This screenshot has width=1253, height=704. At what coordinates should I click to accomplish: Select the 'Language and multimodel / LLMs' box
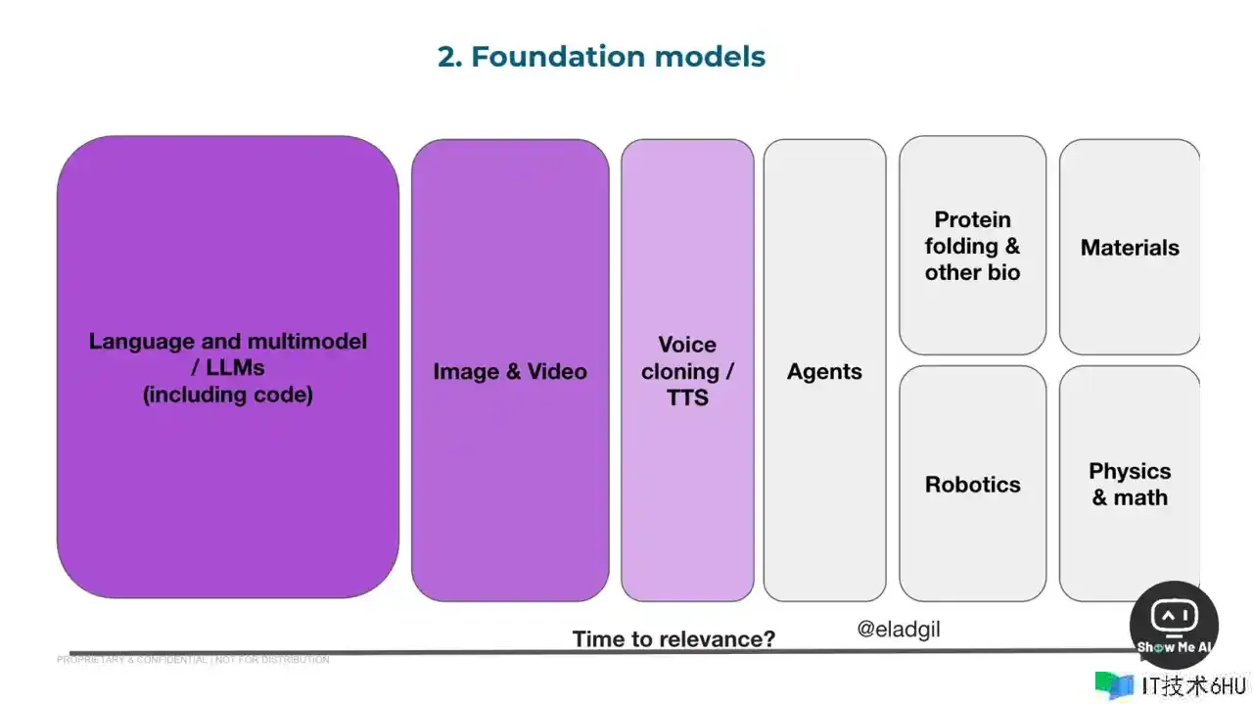(228, 367)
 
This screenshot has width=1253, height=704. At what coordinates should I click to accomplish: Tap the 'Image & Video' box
(510, 371)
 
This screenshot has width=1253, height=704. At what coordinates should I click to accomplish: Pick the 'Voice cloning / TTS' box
(687, 371)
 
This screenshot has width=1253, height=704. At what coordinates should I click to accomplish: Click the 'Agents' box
(824, 371)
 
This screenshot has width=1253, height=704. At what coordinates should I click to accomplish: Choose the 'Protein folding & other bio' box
(972, 246)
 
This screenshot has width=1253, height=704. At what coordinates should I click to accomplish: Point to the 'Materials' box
(1130, 248)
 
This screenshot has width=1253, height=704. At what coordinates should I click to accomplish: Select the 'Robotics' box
(972, 484)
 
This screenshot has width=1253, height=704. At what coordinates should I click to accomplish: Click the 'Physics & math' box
(1130, 484)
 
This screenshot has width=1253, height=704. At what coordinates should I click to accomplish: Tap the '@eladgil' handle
(898, 630)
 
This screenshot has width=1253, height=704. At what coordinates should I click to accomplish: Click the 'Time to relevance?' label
(673, 639)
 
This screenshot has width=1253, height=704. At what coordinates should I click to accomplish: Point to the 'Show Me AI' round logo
(1173, 625)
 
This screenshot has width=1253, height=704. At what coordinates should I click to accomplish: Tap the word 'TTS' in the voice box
(687, 398)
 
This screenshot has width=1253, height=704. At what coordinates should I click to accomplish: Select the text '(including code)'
(228, 395)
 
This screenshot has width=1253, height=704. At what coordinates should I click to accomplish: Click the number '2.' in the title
(449, 57)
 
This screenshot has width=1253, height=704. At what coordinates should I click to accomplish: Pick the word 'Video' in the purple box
(557, 371)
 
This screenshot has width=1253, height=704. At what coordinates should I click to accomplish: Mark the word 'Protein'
(972, 219)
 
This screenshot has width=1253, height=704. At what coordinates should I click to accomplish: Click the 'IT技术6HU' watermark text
(1194, 685)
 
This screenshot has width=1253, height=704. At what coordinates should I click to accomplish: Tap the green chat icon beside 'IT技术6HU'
(1114, 684)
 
